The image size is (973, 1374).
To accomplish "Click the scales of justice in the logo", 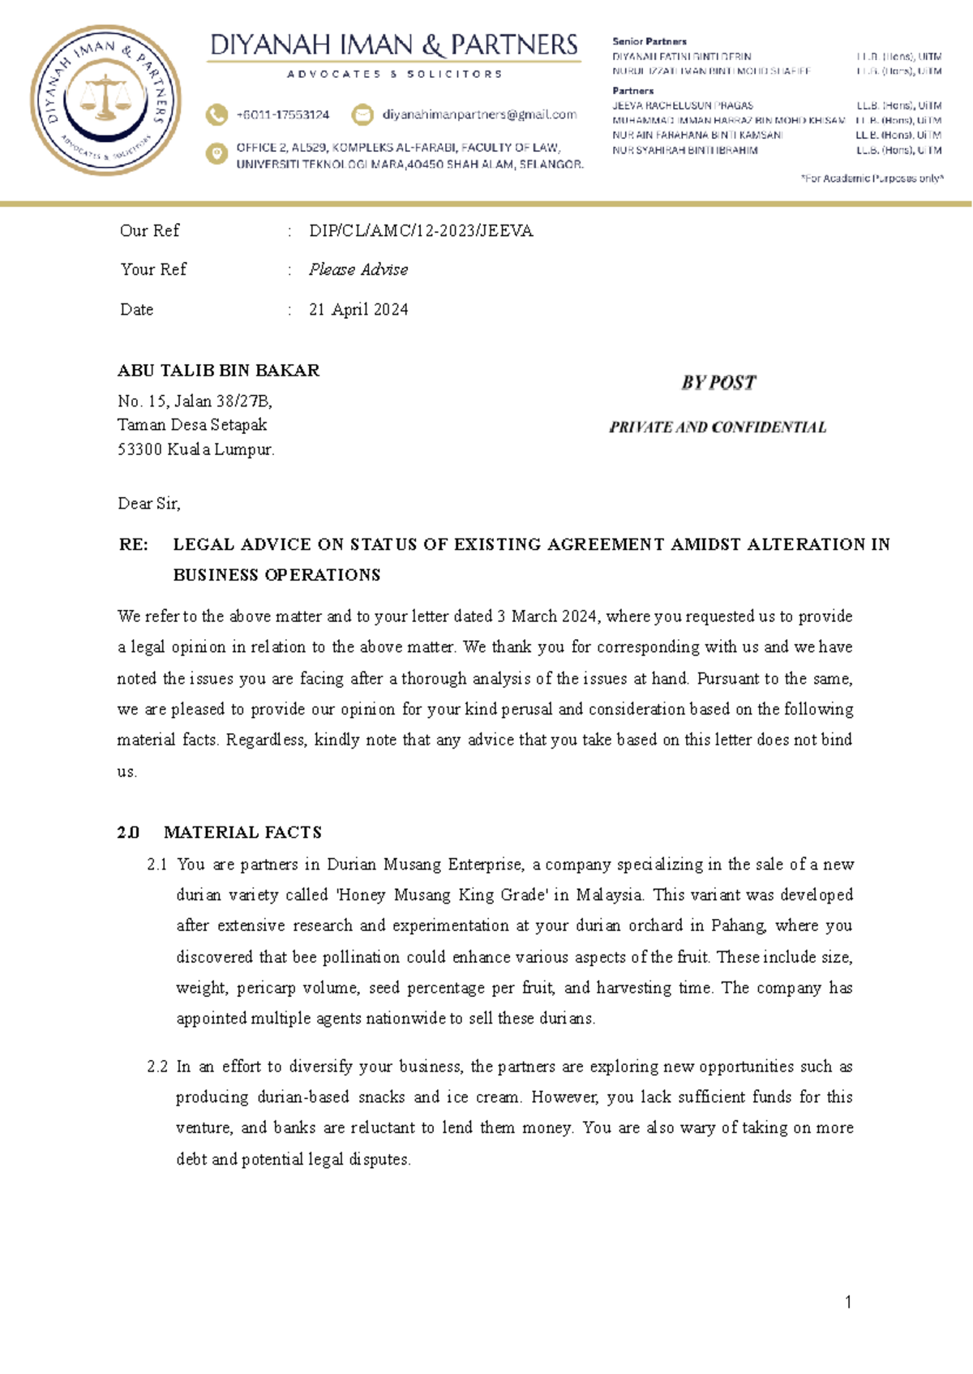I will pyautogui.click(x=106, y=97).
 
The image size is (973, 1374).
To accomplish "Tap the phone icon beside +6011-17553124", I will pyautogui.click(x=216, y=114).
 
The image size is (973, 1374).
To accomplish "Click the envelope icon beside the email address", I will pyautogui.click(x=362, y=114).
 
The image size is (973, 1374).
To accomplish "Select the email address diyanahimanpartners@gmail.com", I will pyautogui.click(x=479, y=114).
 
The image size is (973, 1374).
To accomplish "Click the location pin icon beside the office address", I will pyautogui.click(x=216, y=153).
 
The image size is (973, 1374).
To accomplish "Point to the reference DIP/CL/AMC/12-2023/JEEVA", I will pyautogui.click(x=421, y=231).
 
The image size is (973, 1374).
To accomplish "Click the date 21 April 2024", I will pyautogui.click(x=358, y=309).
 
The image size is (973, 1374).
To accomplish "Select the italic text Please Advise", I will pyautogui.click(x=358, y=269).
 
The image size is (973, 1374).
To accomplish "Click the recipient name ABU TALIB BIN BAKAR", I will pyautogui.click(x=218, y=371).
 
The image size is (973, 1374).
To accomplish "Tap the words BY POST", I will pyautogui.click(x=718, y=382).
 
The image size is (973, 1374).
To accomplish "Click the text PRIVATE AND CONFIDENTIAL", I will pyautogui.click(x=718, y=427).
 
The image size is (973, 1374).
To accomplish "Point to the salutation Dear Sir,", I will pyautogui.click(x=149, y=504).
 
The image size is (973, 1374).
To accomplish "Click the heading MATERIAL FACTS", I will pyautogui.click(x=242, y=832).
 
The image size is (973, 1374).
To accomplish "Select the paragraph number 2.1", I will pyautogui.click(x=157, y=865).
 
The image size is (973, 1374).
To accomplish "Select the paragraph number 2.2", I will pyautogui.click(x=157, y=1067).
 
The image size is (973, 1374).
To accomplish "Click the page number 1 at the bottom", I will pyautogui.click(x=848, y=1303).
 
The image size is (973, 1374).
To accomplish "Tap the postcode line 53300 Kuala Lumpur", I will pyautogui.click(x=196, y=449).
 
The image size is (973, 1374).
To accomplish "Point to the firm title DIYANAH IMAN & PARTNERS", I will pyautogui.click(x=394, y=45).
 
